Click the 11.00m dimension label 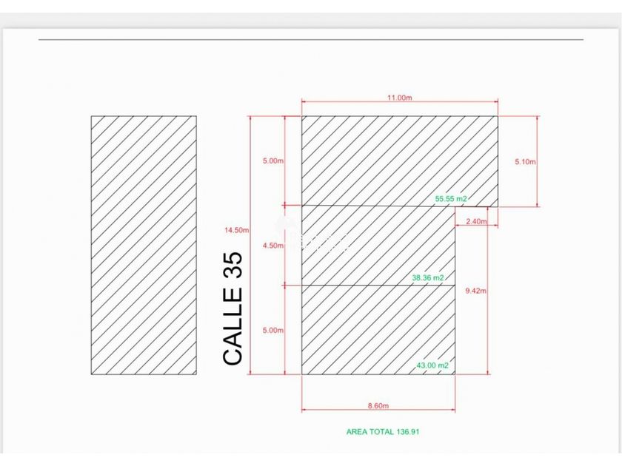399,98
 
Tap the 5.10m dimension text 525,162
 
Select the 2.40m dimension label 476,221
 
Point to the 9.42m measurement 475,291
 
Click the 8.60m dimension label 378,406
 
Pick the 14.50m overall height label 236,230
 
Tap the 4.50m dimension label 273,246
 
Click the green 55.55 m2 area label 451,199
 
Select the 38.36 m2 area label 428,278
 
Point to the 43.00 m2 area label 432,365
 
